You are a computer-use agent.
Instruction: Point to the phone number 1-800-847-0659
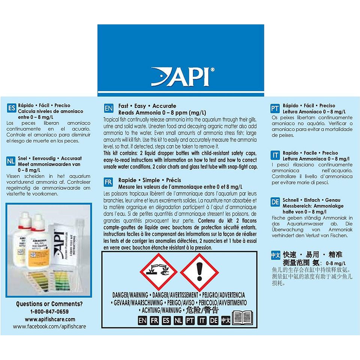click(49, 312)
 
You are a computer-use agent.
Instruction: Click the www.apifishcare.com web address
click(49, 319)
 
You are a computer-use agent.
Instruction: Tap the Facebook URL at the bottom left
click(49, 327)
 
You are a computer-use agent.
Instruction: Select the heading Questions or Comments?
click(49, 304)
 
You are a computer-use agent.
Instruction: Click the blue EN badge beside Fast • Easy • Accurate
click(108, 109)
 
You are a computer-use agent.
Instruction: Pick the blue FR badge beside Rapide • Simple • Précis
click(108, 183)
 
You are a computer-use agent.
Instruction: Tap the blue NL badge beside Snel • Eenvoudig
click(11, 162)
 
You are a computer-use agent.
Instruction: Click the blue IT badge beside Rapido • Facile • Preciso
click(275, 156)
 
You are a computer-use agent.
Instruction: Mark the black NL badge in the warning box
click(178, 321)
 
